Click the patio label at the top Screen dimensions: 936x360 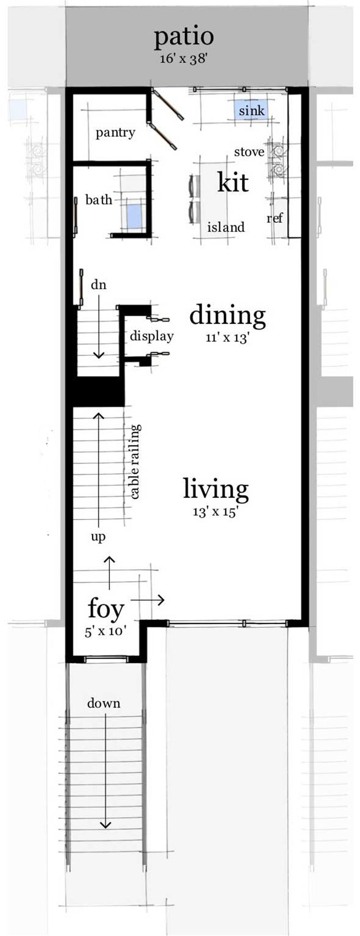coord(184,37)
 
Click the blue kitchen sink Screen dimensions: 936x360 coord(251,111)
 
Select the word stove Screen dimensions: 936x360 coord(249,152)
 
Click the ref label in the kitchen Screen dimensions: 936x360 coord(274,218)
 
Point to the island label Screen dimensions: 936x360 coord(226,228)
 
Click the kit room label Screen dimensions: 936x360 coord(233,183)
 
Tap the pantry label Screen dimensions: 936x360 coord(115,133)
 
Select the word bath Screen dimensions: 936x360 coord(99,200)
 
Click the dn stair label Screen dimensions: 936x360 coord(98,285)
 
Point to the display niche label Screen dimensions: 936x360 coord(152,337)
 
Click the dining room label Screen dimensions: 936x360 coord(228,315)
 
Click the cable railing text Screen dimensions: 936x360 coord(135,462)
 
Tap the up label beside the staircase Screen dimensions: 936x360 coord(98,536)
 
